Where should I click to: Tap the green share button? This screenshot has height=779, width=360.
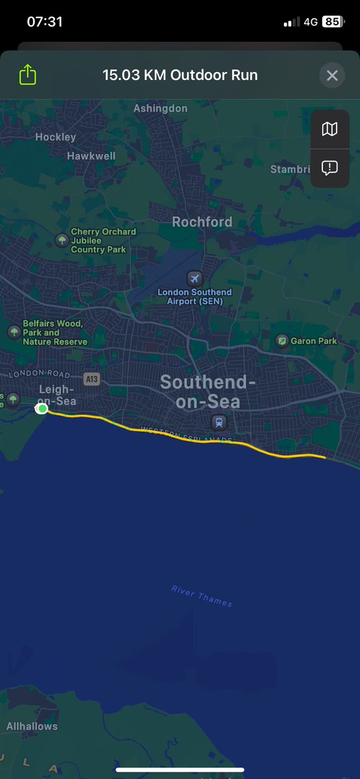tap(27, 75)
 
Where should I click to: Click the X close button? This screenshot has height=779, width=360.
tap(332, 75)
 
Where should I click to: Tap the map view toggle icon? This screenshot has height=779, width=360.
tap(329, 129)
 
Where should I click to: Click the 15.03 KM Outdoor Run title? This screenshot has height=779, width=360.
tap(180, 75)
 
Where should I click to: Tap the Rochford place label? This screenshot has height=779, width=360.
tap(201, 222)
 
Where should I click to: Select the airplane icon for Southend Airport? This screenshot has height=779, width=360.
tap(194, 279)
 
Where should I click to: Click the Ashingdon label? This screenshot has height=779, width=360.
tap(161, 109)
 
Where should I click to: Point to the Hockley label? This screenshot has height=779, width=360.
tap(55, 137)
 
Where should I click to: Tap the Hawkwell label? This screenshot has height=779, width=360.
tap(91, 156)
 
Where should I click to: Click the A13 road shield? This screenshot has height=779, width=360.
tap(92, 379)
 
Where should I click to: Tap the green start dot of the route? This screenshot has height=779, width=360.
tap(42, 408)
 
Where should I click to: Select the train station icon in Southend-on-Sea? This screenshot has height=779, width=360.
tap(219, 422)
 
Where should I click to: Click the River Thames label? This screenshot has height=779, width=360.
tap(201, 596)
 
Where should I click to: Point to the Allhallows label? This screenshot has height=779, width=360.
tap(32, 726)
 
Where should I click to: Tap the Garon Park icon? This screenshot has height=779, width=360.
tap(282, 340)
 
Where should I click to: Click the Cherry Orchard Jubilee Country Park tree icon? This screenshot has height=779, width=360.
tap(62, 240)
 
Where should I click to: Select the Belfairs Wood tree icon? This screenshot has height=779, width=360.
tap(14, 332)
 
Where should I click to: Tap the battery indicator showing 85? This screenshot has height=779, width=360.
tap(332, 21)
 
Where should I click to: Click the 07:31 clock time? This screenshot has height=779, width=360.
tap(45, 21)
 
